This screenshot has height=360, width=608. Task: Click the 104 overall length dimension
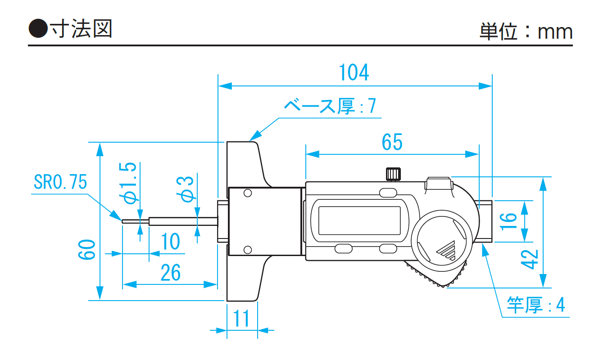[x=354, y=72]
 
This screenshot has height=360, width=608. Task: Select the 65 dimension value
[x=392, y=143]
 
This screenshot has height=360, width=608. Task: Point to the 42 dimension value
[x=531, y=259]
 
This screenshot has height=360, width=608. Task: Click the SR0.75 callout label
[x=60, y=182]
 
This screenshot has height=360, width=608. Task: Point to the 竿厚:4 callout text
[x=536, y=305]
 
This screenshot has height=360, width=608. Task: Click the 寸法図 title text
[x=81, y=29]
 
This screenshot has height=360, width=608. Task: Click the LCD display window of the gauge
[x=360, y=220]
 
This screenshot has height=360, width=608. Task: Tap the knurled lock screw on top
[x=393, y=173]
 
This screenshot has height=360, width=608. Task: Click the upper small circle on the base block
[x=247, y=193]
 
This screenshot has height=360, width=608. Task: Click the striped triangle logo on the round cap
[x=447, y=250]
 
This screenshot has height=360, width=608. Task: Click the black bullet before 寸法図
[x=38, y=30]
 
